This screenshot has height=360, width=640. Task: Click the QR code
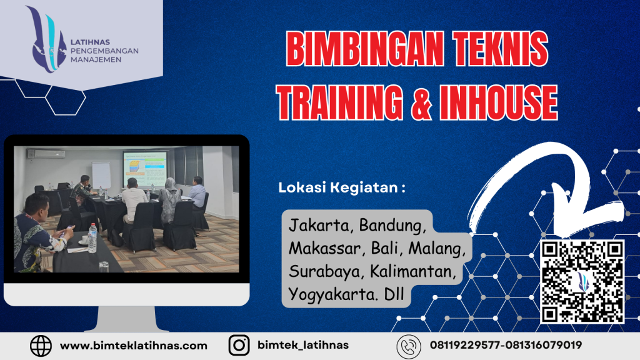(x=582, y=281)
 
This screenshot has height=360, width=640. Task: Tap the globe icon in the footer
(x=41, y=345)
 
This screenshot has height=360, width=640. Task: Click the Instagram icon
(x=238, y=345)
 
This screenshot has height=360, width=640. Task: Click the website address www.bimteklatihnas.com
(x=133, y=345)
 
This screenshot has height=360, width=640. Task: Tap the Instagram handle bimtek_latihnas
(x=303, y=345)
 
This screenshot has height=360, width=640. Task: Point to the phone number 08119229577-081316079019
(x=506, y=345)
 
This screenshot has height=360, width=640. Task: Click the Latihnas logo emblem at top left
(x=46, y=39)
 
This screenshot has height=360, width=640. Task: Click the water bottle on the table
(x=92, y=237)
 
